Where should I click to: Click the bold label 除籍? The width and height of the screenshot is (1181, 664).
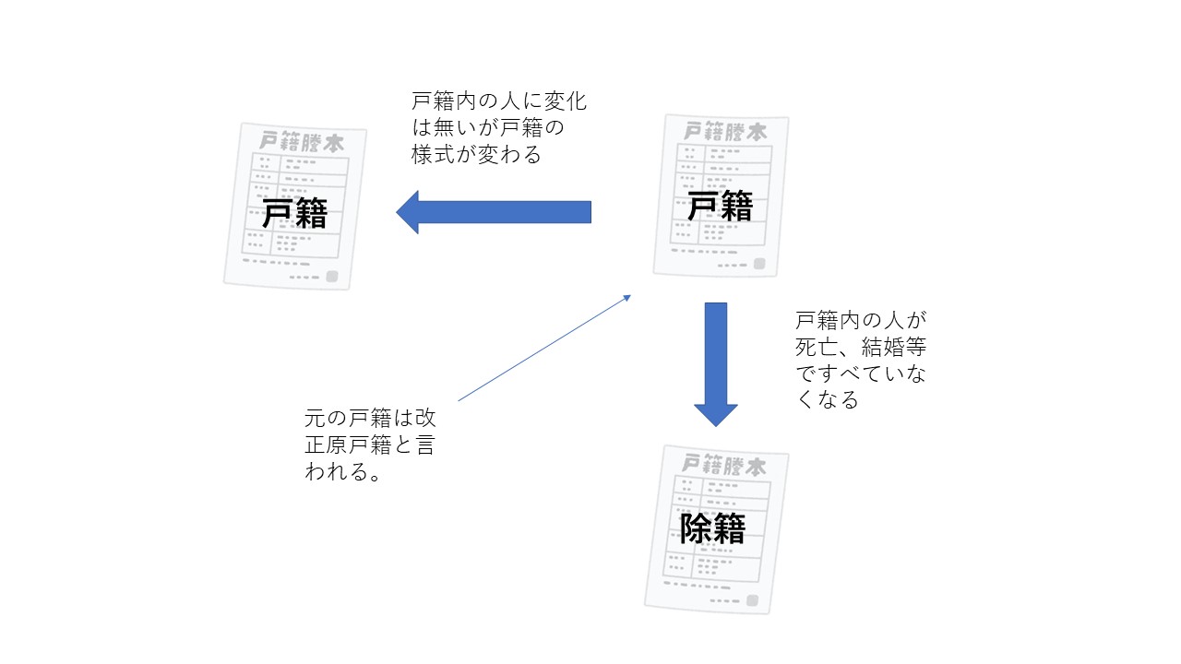point(713,528)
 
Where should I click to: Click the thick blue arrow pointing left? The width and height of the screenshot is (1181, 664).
point(494,212)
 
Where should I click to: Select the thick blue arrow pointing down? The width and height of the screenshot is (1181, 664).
point(715,364)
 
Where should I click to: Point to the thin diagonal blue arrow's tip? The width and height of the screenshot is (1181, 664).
point(630,295)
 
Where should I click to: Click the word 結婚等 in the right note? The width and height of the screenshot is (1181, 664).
point(894,347)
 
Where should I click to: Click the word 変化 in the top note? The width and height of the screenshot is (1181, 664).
point(566,101)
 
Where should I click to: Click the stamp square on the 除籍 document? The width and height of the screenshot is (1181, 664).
point(753,600)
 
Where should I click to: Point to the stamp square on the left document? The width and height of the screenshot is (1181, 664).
point(331,276)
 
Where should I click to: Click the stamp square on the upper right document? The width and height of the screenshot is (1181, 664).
point(759,264)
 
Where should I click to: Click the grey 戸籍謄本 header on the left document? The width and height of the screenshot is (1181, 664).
point(302,142)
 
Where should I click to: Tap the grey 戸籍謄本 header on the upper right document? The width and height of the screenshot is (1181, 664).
point(725,131)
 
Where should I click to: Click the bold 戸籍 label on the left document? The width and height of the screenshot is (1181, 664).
point(294,213)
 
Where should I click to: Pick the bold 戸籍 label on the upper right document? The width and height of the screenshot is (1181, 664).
point(721,206)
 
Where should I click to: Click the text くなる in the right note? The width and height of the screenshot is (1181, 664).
point(828,399)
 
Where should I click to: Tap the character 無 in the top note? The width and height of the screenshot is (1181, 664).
point(444,127)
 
